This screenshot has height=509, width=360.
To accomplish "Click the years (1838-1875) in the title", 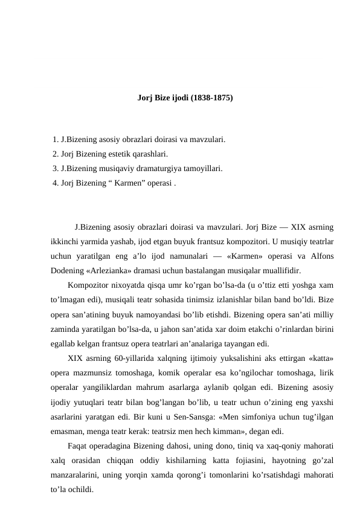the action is [x=211, y=97].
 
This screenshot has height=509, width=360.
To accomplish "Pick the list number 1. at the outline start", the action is [x=56, y=140].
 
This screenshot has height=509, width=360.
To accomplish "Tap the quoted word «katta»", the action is [x=319, y=358].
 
